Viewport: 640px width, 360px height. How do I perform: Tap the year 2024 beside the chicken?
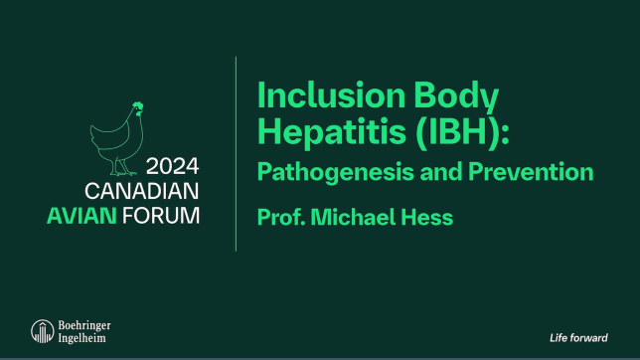click(x=172, y=167)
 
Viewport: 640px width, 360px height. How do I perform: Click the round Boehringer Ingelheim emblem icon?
click(x=42, y=330)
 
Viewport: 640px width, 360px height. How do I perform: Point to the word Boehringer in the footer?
click(x=85, y=325)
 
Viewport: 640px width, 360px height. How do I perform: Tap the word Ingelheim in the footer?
click(x=81, y=338)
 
